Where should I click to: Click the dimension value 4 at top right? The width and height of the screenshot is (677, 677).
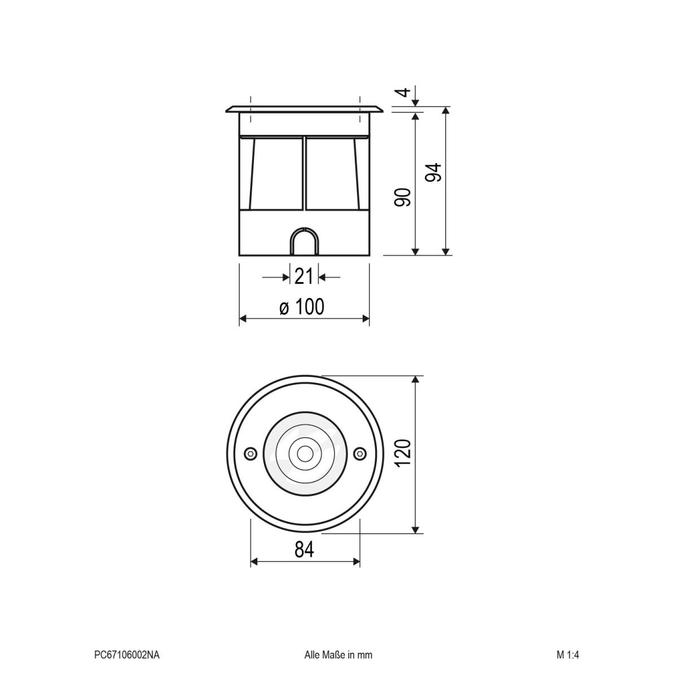coord(402,92)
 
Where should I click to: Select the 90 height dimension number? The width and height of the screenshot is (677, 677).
coord(402,197)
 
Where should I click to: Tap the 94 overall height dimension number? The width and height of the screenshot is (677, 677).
coord(433,173)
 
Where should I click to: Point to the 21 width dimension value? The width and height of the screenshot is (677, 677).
coord(304,277)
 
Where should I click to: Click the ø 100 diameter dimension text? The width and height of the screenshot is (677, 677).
coord(302,307)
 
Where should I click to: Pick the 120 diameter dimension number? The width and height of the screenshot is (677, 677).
coord(403,454)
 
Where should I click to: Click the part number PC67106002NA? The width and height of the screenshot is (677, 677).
coord(127,655)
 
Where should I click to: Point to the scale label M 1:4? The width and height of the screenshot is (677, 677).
coord(568,655)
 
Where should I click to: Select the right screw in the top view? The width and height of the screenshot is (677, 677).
coord(359,454)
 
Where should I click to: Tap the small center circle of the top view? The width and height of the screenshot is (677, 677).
coord(305,454)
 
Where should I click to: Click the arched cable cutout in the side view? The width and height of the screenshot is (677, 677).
coord(305,243)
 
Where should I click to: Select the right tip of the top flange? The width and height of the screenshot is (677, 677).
coord(383,108)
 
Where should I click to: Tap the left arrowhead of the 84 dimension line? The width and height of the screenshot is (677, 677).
coord(254,561)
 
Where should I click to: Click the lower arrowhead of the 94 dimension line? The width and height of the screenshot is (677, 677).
coord(446,251)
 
